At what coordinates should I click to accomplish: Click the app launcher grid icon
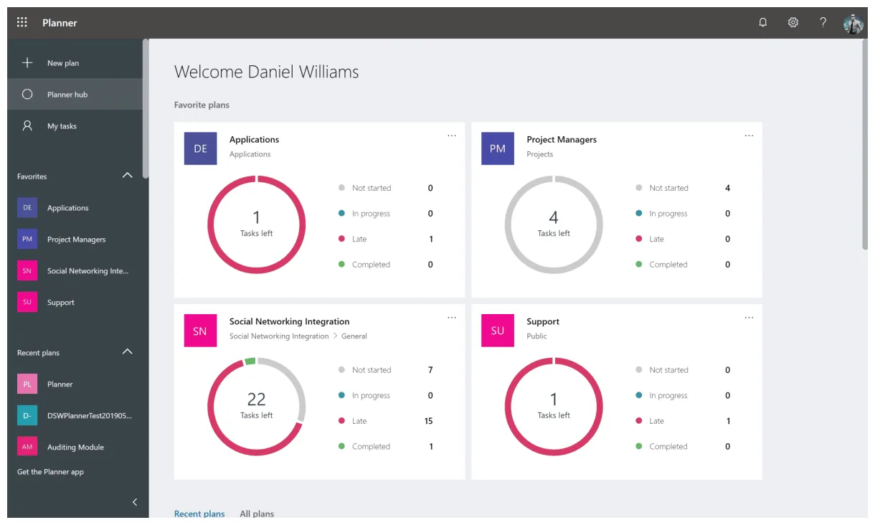point(22,22)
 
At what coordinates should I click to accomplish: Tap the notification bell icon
point(762,22)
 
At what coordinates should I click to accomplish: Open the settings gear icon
point(793,22)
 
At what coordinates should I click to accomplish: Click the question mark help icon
point(823,22)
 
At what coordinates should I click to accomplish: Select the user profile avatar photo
point(853,23)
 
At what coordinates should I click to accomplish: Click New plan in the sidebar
point(62,63)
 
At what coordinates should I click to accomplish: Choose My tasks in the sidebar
point(62,126)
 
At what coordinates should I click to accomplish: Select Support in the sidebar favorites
point(60,303)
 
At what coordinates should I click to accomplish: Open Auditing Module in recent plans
point(75,448)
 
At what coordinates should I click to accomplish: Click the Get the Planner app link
point(50,472)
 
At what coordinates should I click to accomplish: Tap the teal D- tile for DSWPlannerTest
point(27,415)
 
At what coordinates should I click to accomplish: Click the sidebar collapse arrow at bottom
point(135,502)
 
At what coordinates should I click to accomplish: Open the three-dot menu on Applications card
point(452,136)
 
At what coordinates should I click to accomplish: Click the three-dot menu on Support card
point(749,318)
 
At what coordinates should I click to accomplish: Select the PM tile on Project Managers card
point(498,149)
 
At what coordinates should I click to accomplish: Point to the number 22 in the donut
point(256,399)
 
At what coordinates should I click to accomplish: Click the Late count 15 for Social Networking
point(428,421)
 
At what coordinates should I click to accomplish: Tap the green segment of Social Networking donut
point(250,361)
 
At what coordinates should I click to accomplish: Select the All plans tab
point(257,514)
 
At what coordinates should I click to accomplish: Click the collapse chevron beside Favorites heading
point(128,176)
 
